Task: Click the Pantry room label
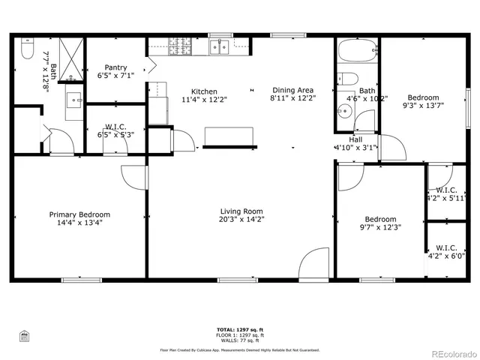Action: [x=115, y=67]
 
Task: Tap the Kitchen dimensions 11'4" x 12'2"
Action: [x=204, y=99]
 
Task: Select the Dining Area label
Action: [x=293, y=89]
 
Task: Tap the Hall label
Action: [x=355, y=139]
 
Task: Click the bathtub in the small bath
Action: [x=356, y=52]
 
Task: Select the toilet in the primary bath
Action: [x=27, y=49]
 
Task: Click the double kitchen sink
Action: [x=220, y=48]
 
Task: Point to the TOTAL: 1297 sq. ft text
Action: [x=240, y=329]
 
